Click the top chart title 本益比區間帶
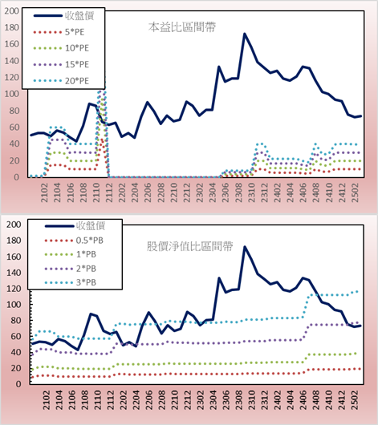tap(182, 27)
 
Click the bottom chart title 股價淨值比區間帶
tap(190, 246)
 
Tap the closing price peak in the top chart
tap(245, 34)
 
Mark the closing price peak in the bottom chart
tap(245, 247)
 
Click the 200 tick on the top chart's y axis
tap(12, 11)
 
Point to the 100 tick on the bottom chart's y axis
tap(14, 305)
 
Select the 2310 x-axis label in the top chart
tap(251, 192)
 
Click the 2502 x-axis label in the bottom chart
tap(356, 400)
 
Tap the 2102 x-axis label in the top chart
tap(44, 192)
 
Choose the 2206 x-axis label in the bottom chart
tap(148, 400)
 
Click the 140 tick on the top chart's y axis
tap(12, 61)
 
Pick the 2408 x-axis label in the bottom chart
tap(316, 400)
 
